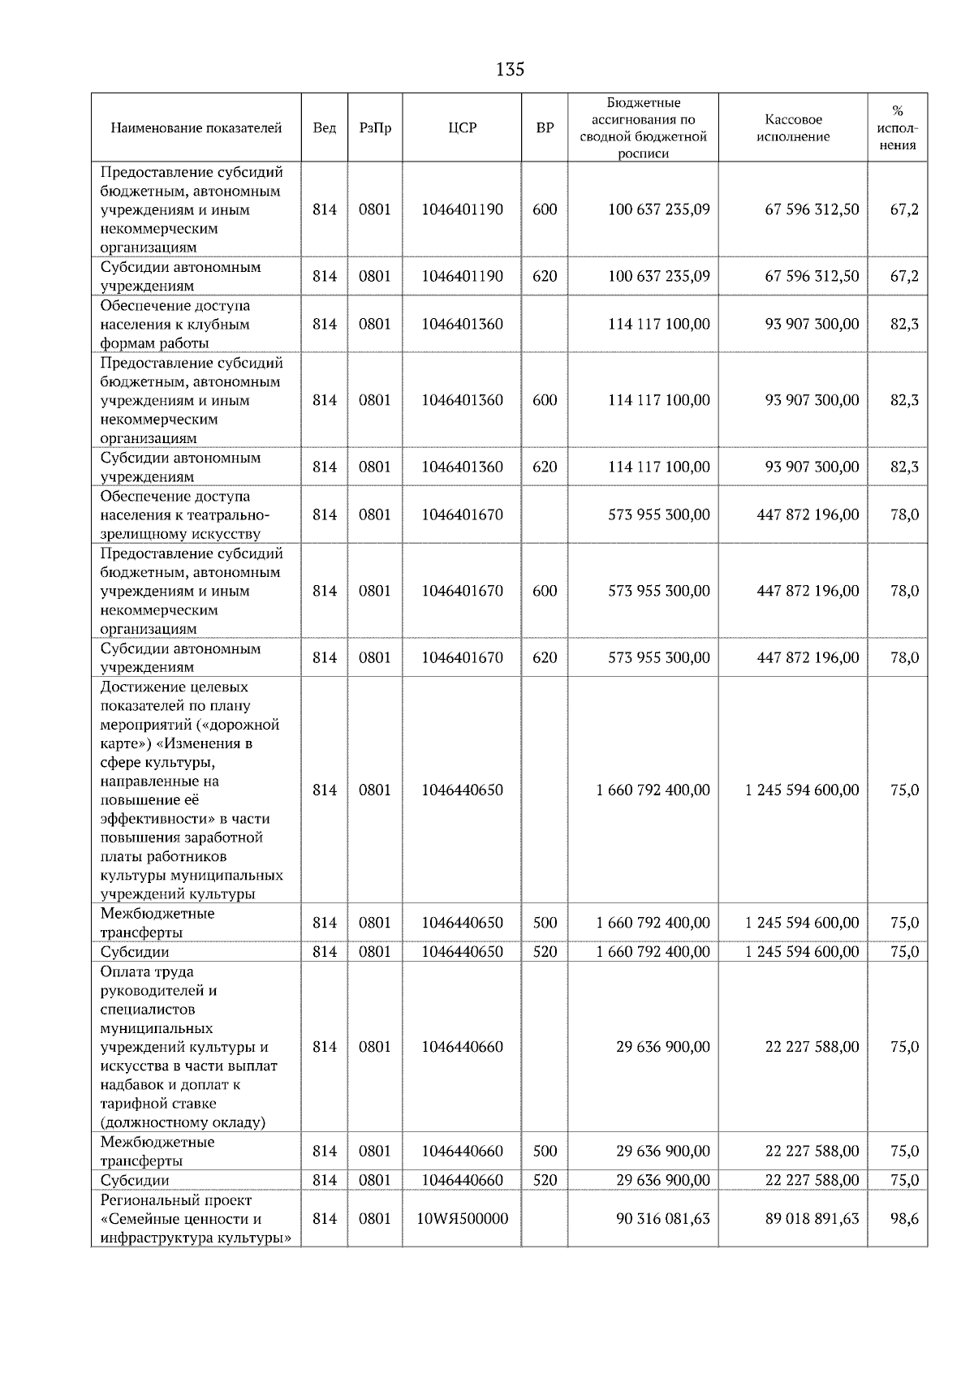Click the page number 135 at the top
click(510, 70)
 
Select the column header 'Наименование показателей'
click(196, 128)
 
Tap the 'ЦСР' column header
click(462, 128)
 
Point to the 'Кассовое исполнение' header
click(792, 128)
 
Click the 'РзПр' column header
click(374, 128)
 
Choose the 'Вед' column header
click(324, 128)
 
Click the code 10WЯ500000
click(462, 1218)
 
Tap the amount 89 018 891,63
click(812, 1218)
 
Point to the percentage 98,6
click(904, 1218)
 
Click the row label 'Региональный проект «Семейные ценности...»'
click(196, 1218)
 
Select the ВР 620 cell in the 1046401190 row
click(545, 276)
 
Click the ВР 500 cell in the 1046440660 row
click(545, 1151)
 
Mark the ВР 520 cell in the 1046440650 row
click(545, 951)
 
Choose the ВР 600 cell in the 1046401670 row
click(545, 591)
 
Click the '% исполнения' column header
click(897, 128)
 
